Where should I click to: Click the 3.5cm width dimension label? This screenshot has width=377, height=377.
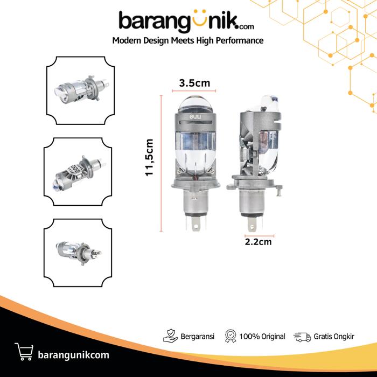point(194,83)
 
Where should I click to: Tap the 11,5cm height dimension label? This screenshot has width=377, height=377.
point(149,157)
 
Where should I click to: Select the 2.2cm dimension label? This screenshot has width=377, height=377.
point(258,242)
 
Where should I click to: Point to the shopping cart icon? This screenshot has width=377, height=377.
point(24,352)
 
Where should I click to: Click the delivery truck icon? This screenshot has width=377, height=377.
point(302,337)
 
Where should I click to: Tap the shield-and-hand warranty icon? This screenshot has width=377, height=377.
point(171,336)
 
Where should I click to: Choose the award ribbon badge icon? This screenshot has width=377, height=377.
point(231,336)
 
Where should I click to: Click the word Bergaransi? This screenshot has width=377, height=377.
point(198,337)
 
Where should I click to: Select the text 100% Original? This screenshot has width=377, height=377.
point(262,337)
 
